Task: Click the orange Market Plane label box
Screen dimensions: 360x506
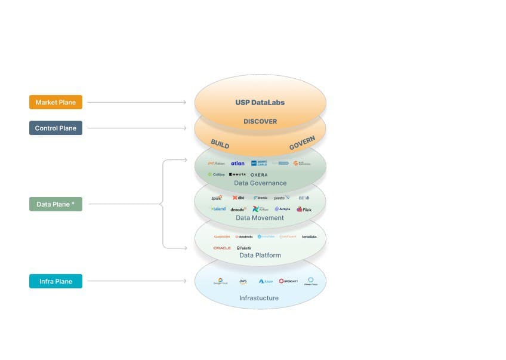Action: pyautogui.click(x=55, y=102)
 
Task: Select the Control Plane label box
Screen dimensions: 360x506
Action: pyautogui.click(x=55, y=128)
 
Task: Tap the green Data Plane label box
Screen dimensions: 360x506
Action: pyautogui.click(x=55, y=204)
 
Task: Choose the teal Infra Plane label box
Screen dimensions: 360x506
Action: pyautogui.click(x=55, y=281)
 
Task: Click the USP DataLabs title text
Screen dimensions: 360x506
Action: pyautogui.click(x=260, y=103)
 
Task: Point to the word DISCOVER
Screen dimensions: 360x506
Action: pyautogui.click(x=260, y=122)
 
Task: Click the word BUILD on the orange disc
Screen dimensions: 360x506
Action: pyautogui.click(x=220, y=144)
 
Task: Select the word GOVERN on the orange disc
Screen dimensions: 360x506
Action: pyautogui.click(x=302, y=143)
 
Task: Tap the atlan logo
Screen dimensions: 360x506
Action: pyautogui.click(x=237, y=164)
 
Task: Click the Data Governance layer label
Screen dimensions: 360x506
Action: pyautogui.click(x=260, y=183)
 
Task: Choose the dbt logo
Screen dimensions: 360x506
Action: pyautogui.click(x=238, y=198)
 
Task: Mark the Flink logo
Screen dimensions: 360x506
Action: pyautogui.click(x=304, y=210)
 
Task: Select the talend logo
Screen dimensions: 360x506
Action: pyautogui.click(x=218, y=209)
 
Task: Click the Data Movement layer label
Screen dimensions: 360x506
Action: pyautogui.click(x=260, y=218)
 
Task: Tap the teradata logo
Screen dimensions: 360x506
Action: pyautogui.click(x=309, y=237)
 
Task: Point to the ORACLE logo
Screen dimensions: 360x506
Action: pyautogui.click(x=222, y=248)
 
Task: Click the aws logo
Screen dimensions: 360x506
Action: pyautogui.click(x=243, y=281)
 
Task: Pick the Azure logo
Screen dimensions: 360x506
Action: pyautogui.click(x=266, y=281)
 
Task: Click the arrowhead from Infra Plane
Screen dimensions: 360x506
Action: pyautogui.click(x=185, y=281)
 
